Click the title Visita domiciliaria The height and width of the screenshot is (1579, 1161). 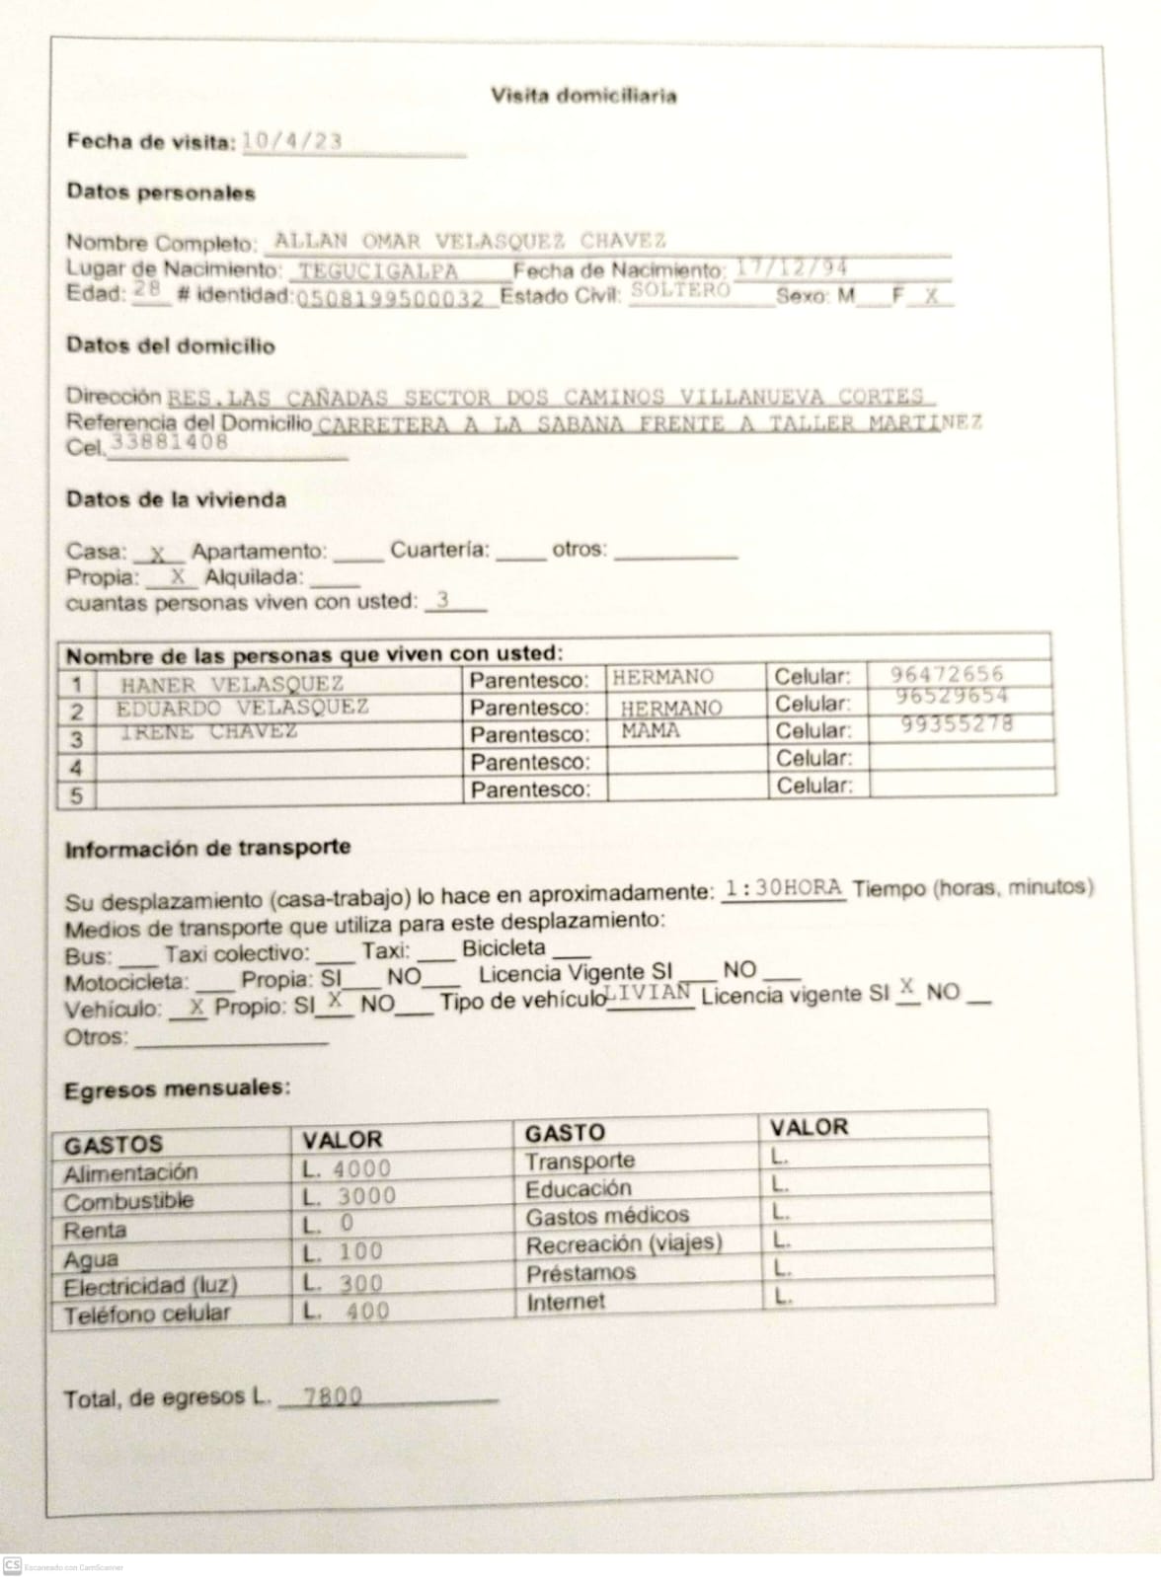(x=583, y=96)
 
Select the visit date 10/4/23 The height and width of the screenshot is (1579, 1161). (x=292, y=141)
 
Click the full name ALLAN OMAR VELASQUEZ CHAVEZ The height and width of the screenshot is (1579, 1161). (x=470, y=240)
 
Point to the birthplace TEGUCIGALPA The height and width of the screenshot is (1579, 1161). (x=379, y=270)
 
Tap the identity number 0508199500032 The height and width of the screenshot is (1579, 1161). (x=392, y=298)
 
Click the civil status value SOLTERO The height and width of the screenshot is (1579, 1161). (x=680, y=289)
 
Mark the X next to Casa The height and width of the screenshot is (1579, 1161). (x=158, y=554)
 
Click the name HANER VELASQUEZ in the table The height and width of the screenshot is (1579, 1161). (x=232, y=683)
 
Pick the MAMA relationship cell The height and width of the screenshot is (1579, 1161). (x=651, y=731)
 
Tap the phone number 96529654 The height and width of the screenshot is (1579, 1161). (x=952, y=696)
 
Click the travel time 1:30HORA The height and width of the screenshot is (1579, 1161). (x=783, y=887)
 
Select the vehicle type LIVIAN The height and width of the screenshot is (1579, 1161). (x=649, y=991)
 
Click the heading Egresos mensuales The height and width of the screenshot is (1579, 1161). (x=177, y=1090)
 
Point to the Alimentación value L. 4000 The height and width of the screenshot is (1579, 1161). (x=348, y=1168)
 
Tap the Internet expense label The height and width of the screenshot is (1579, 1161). (x=565, y=1302)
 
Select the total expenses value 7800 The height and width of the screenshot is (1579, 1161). (x=333, y=1396)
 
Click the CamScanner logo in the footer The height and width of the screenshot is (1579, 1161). (x=12, y=1565)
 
